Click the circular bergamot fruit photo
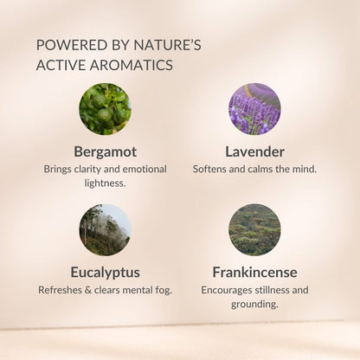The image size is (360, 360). (105, 109)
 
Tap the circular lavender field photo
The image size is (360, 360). (254, 109)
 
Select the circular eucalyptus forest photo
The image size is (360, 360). (105, 230)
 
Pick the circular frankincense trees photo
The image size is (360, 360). (254, 230)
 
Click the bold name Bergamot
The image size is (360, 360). (106, 152)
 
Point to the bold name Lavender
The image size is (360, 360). (254, 151)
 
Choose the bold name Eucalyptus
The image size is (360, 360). (106, 273)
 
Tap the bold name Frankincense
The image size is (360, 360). (254, 273)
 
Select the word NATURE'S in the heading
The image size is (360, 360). (167, 45)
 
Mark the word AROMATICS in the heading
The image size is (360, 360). (132, 65)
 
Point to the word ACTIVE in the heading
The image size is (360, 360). (61, 65)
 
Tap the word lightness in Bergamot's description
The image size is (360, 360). (105, 183)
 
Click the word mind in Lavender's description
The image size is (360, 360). (305, 169)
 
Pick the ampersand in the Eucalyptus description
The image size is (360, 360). (88, 290)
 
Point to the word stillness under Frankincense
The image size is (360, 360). (268, 290)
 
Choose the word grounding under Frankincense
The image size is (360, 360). (254, 305)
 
